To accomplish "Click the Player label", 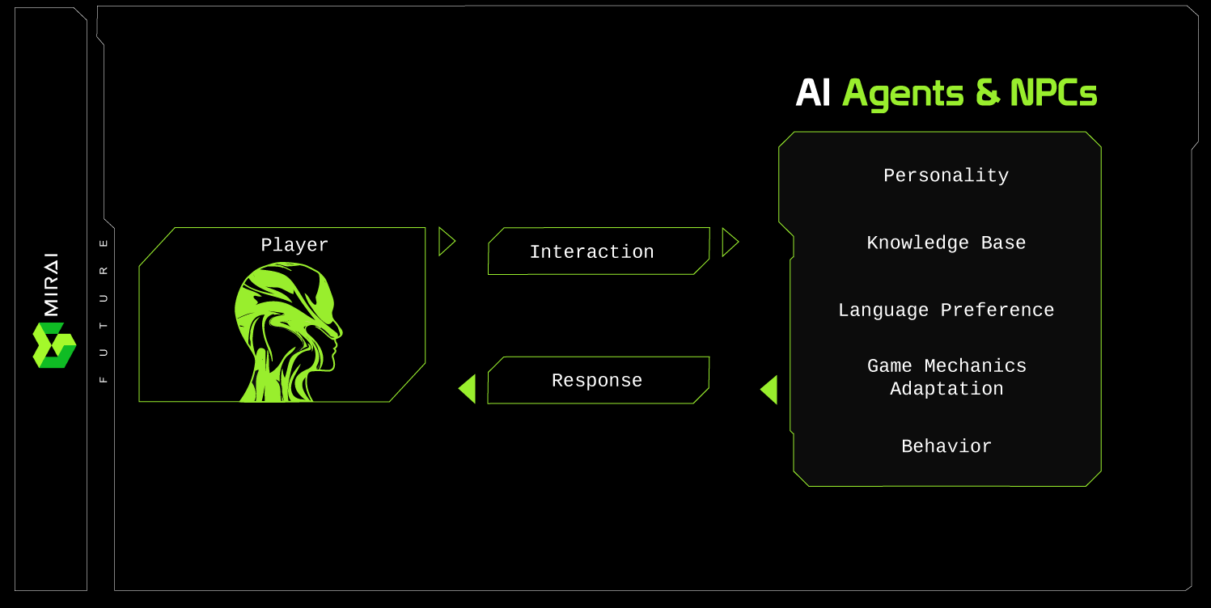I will coord(294,245).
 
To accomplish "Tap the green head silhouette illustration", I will coord(287,331).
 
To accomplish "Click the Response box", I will coord(598,380).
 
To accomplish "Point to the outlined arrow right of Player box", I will coord(446,242).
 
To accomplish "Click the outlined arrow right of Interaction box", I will coord(729,242).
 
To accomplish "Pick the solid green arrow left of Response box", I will coord(468,389).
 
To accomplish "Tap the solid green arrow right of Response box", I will coord(769,390).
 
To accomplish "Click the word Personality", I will coord(946,175).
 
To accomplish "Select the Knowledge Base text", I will coord(946,243).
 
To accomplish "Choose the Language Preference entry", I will coord(946,310).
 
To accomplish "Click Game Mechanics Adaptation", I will coord(946,378).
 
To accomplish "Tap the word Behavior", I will coord(946,446).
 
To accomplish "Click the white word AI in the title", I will coord(813,94).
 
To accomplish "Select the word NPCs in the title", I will coord(1053,94).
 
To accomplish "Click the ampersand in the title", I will coord(987,94).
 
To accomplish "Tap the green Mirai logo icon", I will coord(53,345).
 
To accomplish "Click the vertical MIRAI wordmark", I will coord(51,284).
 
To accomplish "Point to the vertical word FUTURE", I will coord(103,310).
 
